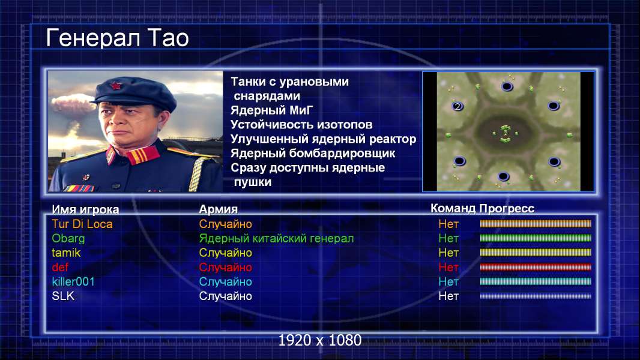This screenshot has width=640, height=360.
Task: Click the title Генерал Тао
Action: coord(118,38)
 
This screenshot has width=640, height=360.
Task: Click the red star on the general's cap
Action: coord(116,86)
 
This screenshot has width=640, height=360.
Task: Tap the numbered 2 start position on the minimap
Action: coord(457,106)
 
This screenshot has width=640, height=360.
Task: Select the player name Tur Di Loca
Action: coord(82,224)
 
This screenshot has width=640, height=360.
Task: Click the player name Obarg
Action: coord(68,239)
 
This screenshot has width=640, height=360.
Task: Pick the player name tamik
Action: coord(66,253)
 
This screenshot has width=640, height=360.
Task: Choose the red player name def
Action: coord(60,268)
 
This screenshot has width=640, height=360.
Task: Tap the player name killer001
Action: coord(73,282)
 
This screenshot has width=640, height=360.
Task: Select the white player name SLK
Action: coord(63,296)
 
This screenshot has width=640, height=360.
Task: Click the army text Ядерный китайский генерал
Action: coord(276,239)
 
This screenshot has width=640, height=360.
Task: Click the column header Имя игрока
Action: coord(85,209)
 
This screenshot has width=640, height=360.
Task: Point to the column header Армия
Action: coord(219,209)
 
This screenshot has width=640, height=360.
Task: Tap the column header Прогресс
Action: coord(507,209)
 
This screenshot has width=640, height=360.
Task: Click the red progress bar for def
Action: coord(536,268)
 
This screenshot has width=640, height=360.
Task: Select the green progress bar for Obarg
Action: coord(536,239)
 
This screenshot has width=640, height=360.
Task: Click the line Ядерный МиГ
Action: coord(272,110)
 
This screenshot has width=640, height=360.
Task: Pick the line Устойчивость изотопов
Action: coord(301,125)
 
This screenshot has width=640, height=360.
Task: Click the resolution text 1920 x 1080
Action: coord(320,340)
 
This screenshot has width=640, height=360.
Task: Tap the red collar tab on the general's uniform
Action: coord(142,155)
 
